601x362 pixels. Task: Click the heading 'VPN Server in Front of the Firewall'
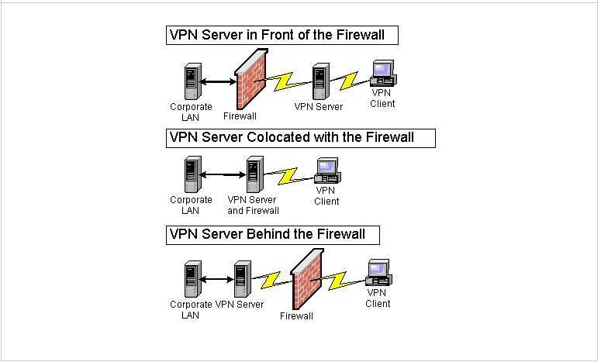(x=277, y=35)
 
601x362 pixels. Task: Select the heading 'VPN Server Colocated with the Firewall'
(x=292, y=137)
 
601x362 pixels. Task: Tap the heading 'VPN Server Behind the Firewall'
(x=267, y=234)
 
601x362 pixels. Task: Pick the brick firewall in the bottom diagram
(x=307, y=279)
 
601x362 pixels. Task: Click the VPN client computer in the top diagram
(x=384, y=73)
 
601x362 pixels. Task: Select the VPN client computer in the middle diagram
(x=328, y=171)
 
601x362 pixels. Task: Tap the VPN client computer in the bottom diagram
(x=378, y=272)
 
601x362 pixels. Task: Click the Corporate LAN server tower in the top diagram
(x=193, y=81)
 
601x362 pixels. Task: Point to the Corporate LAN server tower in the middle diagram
(x=193, y=174)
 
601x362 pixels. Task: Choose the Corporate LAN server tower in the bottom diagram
(x=193, y=279)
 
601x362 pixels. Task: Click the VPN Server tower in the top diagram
(x=321, y=81)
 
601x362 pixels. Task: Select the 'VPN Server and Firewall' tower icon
(x=255, y=174)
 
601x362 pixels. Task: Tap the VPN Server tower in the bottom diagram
(x=243, y=279)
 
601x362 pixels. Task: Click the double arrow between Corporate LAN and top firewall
(x=218, y=81)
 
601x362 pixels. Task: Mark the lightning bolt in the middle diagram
(x=289, y=175)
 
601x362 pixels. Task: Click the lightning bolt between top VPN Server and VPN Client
(x=350, y=81)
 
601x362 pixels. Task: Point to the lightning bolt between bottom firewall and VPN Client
(x=339, y=281)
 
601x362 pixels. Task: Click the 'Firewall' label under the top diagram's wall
(x=240, y=116)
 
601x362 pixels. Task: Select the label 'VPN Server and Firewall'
(x=253, y=205)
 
